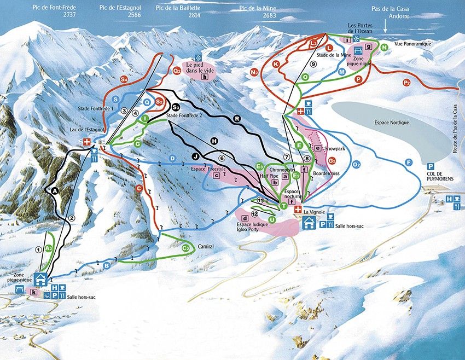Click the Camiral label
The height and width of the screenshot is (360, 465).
coord(206,247)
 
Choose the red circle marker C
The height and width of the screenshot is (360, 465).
coord(139,189)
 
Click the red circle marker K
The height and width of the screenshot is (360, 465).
coord(276,64)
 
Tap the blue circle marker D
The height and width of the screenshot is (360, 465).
coord(172,159)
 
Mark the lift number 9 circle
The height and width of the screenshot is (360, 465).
coord(313,64)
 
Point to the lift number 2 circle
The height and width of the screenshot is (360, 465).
coord(71,218)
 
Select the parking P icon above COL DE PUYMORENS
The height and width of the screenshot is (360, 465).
coord(431,166)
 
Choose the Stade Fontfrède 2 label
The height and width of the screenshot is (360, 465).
coord(185,116)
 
